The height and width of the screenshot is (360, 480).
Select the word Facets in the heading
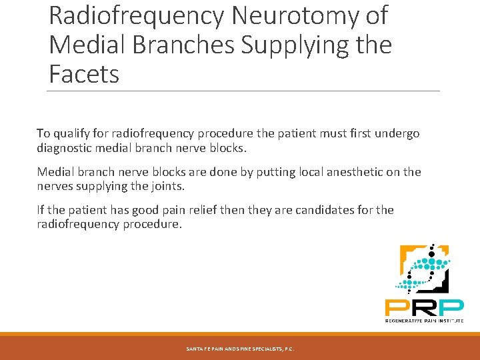click(x=84, y=73)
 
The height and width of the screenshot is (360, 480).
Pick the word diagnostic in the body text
click(x=67, y=147)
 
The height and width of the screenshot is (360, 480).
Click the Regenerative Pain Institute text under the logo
click(x=423, y=321)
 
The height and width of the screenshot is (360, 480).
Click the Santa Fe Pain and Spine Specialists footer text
click(x=240, y=349)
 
